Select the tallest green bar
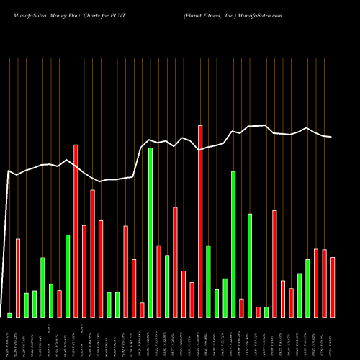click(x=150, y=233)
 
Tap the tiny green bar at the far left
click(x=10, y=315)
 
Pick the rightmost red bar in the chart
click(x=333, y=287)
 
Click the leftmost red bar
click(x=18, y=277)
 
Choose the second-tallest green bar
click(x=233, y=244)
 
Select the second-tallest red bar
click(x=76, y=230)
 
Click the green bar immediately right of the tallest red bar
click(x=208, y=281)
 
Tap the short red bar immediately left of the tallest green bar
click(x=142, y=310)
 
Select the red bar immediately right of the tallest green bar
click(x=158, y=281)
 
